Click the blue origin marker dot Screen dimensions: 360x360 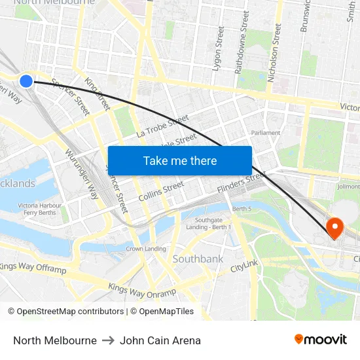(x=26, y=81)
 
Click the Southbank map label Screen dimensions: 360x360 (x=198, y=259)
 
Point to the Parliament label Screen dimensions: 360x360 (x=266, y=132)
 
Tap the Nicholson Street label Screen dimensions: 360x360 (x=274, y=52)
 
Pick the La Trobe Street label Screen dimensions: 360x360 (x=162, y=126)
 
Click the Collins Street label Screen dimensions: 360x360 (x=161, y=191)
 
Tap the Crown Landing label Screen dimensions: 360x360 (x=145, y=249)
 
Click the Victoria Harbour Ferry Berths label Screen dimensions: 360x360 (x=39, y=209)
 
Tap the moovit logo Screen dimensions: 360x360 (x=321, y=340)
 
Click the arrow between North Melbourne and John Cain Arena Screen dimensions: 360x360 (x=108, y=340)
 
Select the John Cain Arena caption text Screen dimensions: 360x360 (x=160, y=340)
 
